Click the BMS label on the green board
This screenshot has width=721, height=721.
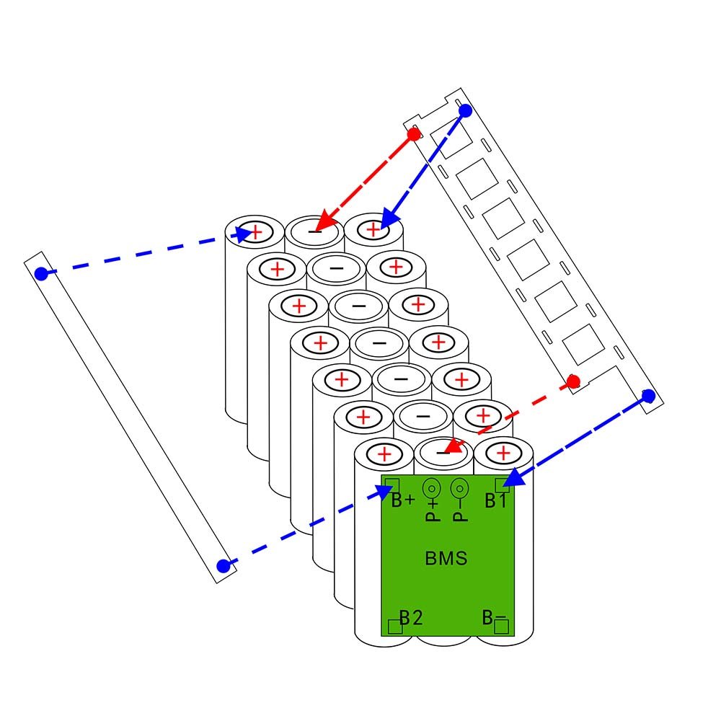point(446,558)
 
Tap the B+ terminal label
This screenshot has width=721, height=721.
point(403,500)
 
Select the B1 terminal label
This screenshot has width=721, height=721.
point(495,501)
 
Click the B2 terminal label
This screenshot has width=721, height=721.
point(410,617)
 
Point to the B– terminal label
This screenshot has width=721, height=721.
point(494,617)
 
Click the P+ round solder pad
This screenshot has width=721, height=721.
point(432,488)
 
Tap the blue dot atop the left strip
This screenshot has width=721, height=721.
point(41,274)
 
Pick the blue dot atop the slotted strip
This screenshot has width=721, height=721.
point(465,111)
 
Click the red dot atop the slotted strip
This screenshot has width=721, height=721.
point(414,134)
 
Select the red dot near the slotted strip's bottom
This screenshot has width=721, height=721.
point(573,381)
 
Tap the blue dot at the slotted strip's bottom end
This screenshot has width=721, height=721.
point(648,396)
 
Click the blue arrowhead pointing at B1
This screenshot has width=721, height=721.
point(511,479)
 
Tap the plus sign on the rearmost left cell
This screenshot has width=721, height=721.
point(255,233)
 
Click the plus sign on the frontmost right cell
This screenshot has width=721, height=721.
point(503,454)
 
